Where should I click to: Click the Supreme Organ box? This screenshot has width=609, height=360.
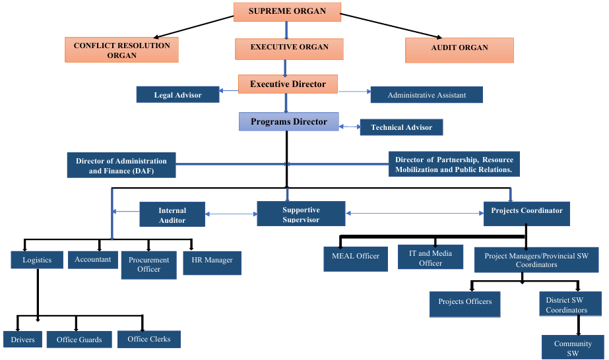pyautogui.click(x=288, y=11)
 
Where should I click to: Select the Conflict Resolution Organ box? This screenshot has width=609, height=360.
pyautogui.click(x=121, y=50)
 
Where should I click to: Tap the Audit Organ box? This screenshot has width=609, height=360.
pyautogui.click(x=459, y=49)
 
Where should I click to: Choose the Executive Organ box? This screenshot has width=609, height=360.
pyautogui.click(x=289, y=48)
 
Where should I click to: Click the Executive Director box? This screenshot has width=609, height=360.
pyautogui.click(x=288, y=84)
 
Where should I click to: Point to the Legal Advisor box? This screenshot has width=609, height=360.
pyautogui.click(x=177, y=95)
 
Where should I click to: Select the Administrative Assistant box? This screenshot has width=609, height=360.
pyautogui.click(x=426, y=95)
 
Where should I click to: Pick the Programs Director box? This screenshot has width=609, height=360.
pyautogui.click(x=288, y=122)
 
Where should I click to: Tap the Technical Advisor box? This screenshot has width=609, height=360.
pyautogui.click(x=401, y=127)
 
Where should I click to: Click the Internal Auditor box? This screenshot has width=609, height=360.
pyautogui.click(x=172, y=214)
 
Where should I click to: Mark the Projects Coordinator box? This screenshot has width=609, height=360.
pyautogui.click(x=527, y=213)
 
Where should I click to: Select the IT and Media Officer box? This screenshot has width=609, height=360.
pyautogui.click(x=430, y=257)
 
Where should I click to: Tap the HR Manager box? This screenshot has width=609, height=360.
pyautogui.click(x=212, y=262)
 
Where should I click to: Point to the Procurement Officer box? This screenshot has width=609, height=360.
pyautogui.click(x=148, y=264)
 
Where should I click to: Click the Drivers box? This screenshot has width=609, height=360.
pyautogui.click(x=22, y=339)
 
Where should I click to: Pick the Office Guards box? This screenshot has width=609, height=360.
pyautogui.click(x=79, y=339)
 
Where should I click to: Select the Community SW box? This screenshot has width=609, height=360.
pyautogui.click(x=572, y=347)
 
